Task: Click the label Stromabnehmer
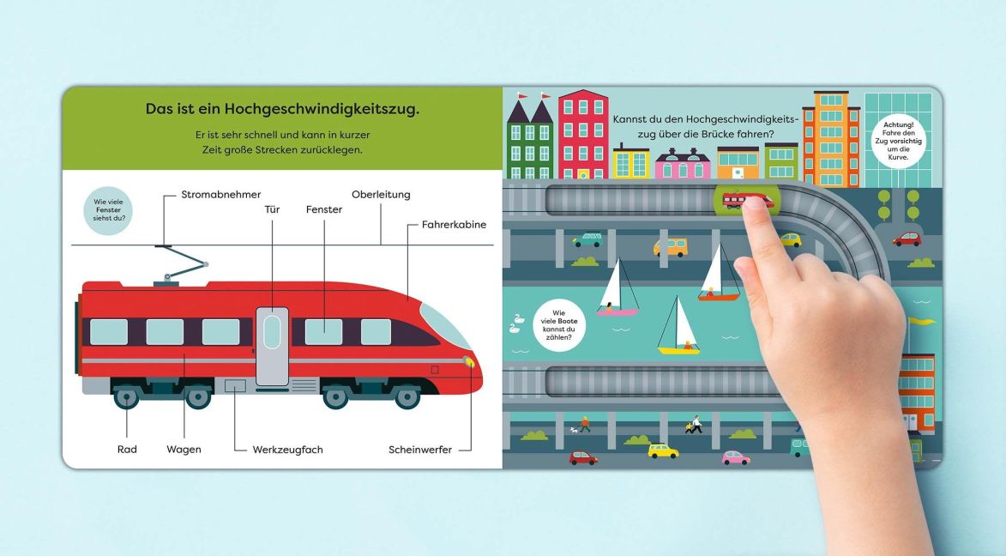[x=220, y=194]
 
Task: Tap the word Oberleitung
[x=381, y=195]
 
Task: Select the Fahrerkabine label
[x=454, y=224]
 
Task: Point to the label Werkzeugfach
[x=287, y=450]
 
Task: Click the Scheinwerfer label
[x=420, y=450]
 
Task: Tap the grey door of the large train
[x=272, y=347]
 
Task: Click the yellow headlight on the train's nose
[x=470, y=363]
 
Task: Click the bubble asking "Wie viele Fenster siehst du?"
[x=108, y=210]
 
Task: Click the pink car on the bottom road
[x=736, y=458]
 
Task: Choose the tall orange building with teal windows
[x=831, y=139]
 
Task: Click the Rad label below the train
[x=127, y=450]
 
